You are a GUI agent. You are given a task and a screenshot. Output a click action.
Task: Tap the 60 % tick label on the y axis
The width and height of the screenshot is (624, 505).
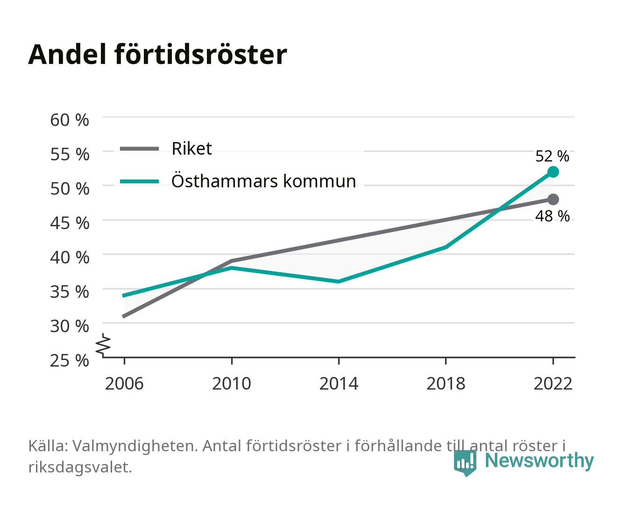[70, 120]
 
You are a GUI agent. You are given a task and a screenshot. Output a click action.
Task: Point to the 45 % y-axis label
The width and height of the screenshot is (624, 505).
[70, 223]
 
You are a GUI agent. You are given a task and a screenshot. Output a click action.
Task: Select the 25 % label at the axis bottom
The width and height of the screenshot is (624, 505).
[70, 361]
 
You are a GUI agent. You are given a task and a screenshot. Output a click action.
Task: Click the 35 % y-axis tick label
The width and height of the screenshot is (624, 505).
[70, 292]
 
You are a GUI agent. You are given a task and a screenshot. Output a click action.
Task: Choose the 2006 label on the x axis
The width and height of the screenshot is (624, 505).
[124, 383]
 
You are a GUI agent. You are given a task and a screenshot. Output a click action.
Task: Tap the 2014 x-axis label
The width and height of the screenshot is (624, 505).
[339, 383]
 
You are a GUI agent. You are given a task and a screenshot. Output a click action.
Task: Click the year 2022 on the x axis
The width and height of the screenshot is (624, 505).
[553, 383]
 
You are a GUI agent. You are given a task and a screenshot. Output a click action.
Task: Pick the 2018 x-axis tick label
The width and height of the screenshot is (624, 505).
[446, 383]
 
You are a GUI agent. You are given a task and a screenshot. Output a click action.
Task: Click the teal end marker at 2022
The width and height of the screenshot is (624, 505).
[553, 172]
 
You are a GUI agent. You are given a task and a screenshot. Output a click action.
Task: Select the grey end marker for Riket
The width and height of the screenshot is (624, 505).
[553, 199]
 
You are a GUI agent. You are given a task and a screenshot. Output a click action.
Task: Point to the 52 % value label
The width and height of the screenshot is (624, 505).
[552, 156]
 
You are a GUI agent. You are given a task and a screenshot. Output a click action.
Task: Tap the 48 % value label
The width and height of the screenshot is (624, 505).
[552, 216]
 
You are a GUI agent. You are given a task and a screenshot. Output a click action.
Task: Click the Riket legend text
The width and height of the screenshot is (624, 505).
[191, 148]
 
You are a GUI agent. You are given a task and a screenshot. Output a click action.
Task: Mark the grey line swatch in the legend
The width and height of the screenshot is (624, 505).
[140, 149]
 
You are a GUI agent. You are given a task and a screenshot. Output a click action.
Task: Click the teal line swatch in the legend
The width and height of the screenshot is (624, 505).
[140, 181]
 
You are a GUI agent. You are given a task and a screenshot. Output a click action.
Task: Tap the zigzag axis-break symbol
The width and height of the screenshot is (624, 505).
[103, 345]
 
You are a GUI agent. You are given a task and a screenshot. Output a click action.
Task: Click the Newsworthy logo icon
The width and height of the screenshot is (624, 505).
[465, 462]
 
